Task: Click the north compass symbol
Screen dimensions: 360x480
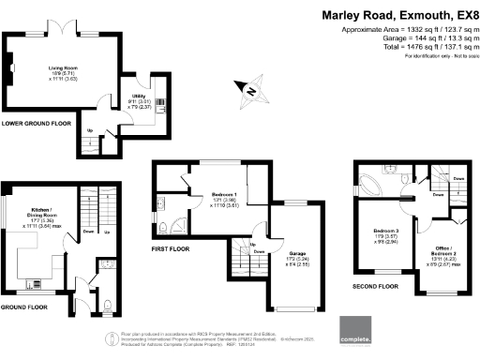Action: [x=251, y=90]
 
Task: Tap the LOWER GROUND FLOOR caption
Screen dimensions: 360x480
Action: [x=36, y=123]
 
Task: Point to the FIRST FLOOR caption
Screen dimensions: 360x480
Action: [x=175, y=250]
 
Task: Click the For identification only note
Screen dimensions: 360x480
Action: [x=438, y=57]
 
